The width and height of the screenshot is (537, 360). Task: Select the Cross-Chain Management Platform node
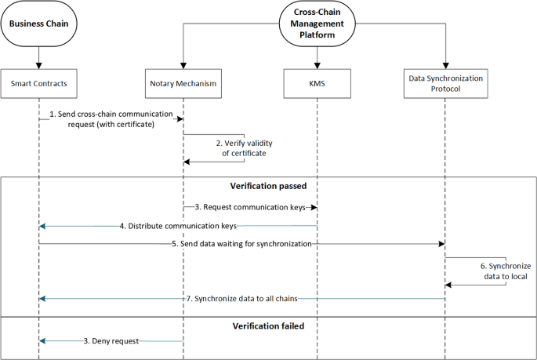[x=317, y=24]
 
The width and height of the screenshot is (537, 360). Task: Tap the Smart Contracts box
[x=38, y=82]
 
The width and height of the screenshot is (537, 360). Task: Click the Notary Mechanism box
[x=183, y=82]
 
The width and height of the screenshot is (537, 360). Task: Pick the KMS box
[x=317, y=82]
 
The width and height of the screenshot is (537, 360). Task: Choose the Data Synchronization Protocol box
[x=444, y=82]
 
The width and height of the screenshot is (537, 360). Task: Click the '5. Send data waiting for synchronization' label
[x=241, y=244]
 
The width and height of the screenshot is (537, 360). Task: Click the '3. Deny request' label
[x=111, y=340]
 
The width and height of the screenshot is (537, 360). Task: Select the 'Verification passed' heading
[x=267, y=187]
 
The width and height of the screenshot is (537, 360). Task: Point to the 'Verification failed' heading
[x=267, y=324]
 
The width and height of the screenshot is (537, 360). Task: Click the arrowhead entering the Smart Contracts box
[x=38, y=66]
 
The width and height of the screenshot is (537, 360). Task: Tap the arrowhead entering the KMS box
[x=317, y=66]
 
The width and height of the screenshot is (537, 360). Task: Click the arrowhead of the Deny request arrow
[x=42, y=340]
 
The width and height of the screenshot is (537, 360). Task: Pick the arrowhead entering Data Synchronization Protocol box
[x=444, y=66]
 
